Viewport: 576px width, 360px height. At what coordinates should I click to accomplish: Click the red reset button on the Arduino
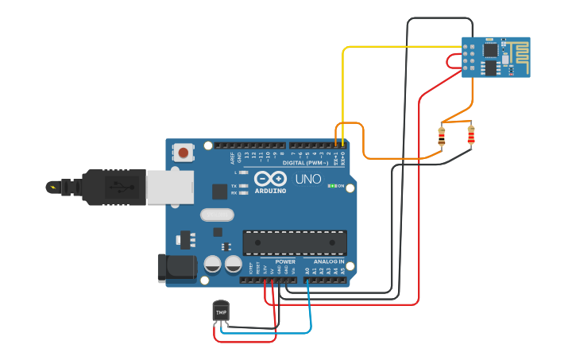tap(184, 153)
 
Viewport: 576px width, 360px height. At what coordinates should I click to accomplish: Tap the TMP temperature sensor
tap(221, 312)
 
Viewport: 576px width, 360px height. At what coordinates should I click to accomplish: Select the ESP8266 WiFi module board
tap(496, 57)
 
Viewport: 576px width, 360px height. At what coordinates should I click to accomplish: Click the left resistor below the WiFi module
tap(442, 137)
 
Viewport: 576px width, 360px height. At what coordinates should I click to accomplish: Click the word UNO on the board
tap(308, 180)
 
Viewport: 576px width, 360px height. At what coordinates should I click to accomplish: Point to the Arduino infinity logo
tap(271, 180)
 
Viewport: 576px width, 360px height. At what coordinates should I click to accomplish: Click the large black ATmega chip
tap(294, 242)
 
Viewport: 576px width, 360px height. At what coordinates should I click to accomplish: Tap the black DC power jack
tap(176, 268)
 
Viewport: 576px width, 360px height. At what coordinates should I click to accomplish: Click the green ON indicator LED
tap(331, 186)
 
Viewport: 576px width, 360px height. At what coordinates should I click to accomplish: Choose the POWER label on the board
tap(285, 261)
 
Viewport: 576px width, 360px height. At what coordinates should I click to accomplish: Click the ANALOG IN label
tap(329, 261)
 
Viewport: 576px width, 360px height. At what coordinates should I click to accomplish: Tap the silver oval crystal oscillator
tap(218, 214)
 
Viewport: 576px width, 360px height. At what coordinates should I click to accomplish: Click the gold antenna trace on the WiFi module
tap(517, 52)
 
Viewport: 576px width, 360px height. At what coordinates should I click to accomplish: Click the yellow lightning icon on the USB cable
tap(53, 188)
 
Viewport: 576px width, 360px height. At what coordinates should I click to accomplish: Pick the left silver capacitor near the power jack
tap(213, 264)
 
